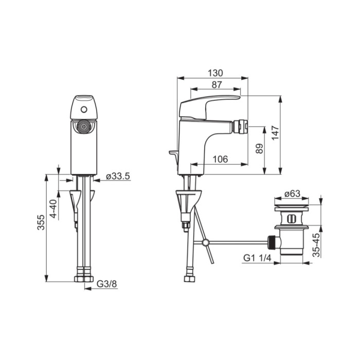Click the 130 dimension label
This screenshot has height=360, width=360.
pos(215,73)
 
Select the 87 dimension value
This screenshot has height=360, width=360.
pos(217,85)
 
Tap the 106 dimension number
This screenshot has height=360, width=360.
pos(221,159)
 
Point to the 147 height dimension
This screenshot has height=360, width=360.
pos(275,133)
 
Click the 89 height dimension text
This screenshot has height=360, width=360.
pos(259,149)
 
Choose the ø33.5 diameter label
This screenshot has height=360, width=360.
pos(118,176)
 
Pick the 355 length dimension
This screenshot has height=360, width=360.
pos(41,222)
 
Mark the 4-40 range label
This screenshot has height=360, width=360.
pos(53,209)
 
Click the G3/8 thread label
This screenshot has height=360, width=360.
pos(107,284)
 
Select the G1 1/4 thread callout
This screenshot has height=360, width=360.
pos(257,258)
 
